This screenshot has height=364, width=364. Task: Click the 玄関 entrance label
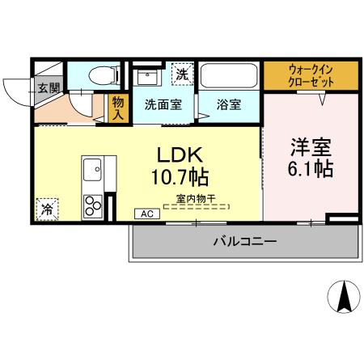45,87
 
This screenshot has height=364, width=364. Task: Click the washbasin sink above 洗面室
148,78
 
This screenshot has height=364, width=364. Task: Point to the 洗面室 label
164,104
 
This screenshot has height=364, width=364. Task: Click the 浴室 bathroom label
227,104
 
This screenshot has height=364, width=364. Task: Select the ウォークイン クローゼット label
311,75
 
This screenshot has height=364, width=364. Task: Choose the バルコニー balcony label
244,241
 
